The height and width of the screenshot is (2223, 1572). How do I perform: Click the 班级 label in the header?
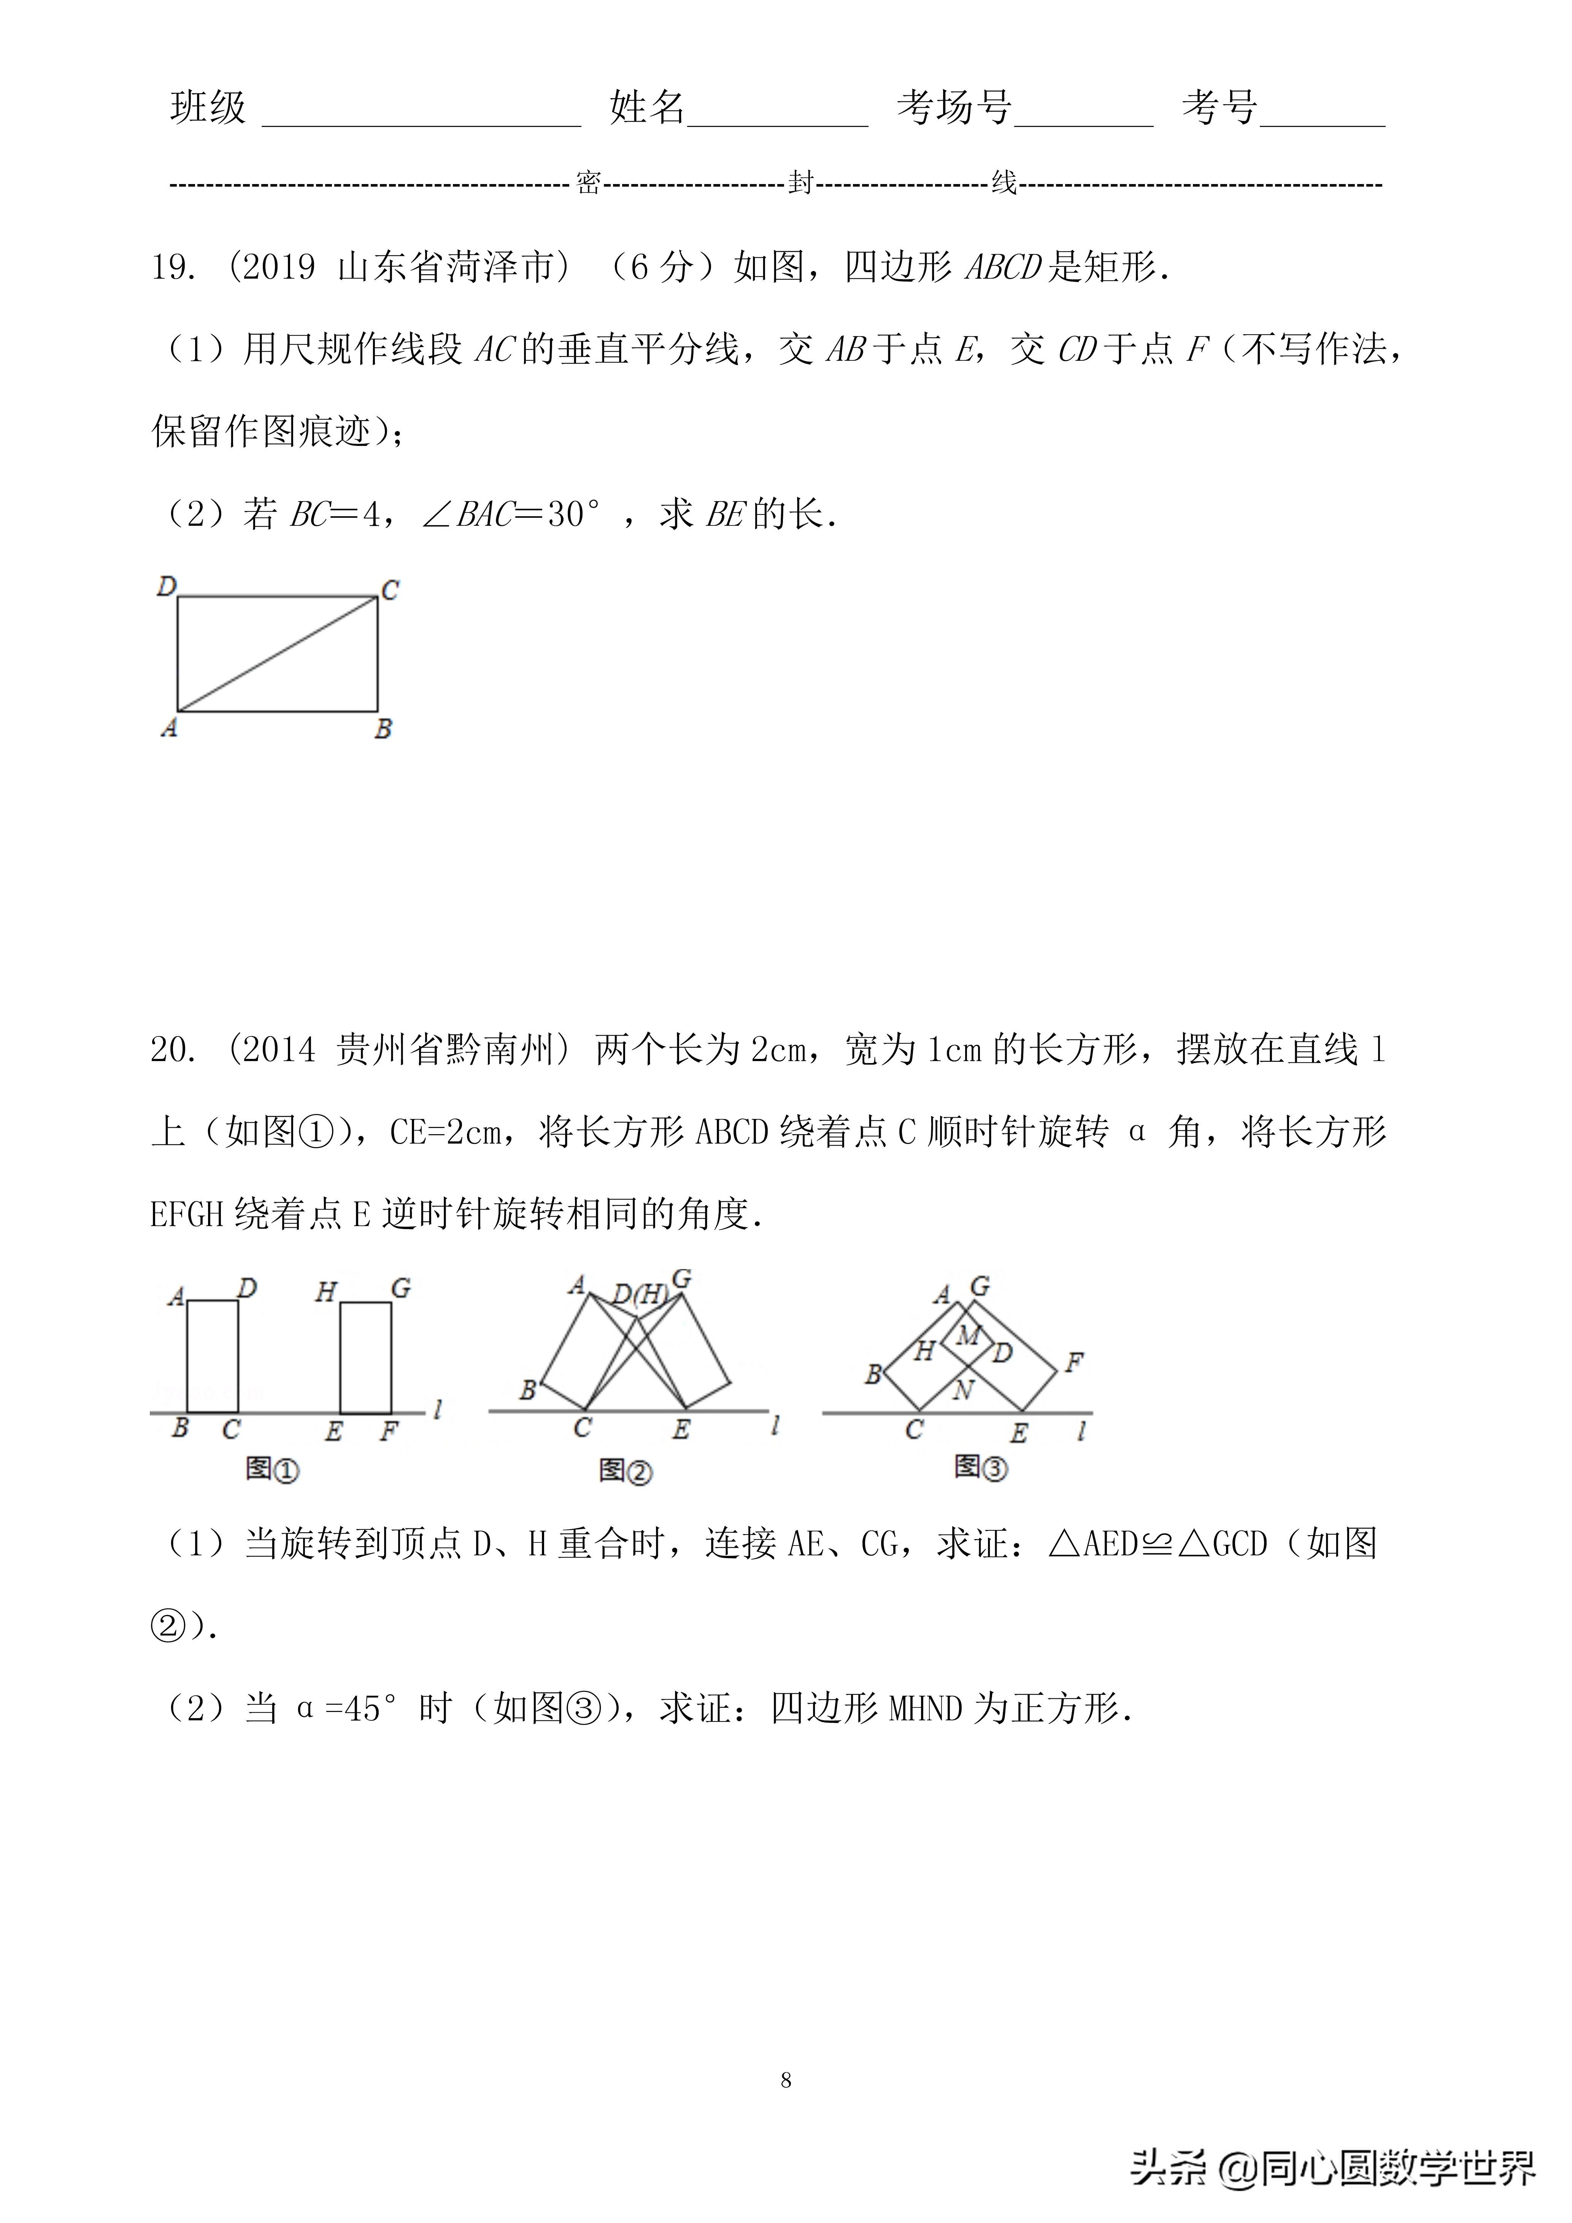point(208,108)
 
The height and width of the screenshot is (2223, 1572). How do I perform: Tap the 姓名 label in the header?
point(647,108)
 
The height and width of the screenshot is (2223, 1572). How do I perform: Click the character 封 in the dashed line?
point(800,183)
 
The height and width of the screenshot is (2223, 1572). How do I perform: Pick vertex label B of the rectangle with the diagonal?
point(384,729)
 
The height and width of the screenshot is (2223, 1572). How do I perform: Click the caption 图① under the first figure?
point(272,1469)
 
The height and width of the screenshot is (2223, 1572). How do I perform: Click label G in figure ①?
point(401,1289)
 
